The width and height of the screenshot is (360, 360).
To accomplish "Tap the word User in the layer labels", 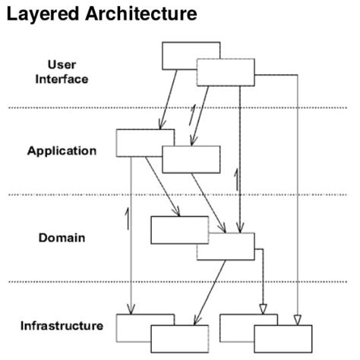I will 62,64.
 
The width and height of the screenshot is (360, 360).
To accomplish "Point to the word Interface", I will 62,78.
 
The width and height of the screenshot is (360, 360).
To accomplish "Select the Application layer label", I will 62,150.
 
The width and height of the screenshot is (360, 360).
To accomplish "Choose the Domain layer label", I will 62,238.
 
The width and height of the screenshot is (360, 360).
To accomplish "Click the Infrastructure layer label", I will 62,326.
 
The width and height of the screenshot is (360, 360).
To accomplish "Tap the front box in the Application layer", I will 191,159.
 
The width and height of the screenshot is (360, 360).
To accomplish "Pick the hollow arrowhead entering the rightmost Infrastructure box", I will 297,318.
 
